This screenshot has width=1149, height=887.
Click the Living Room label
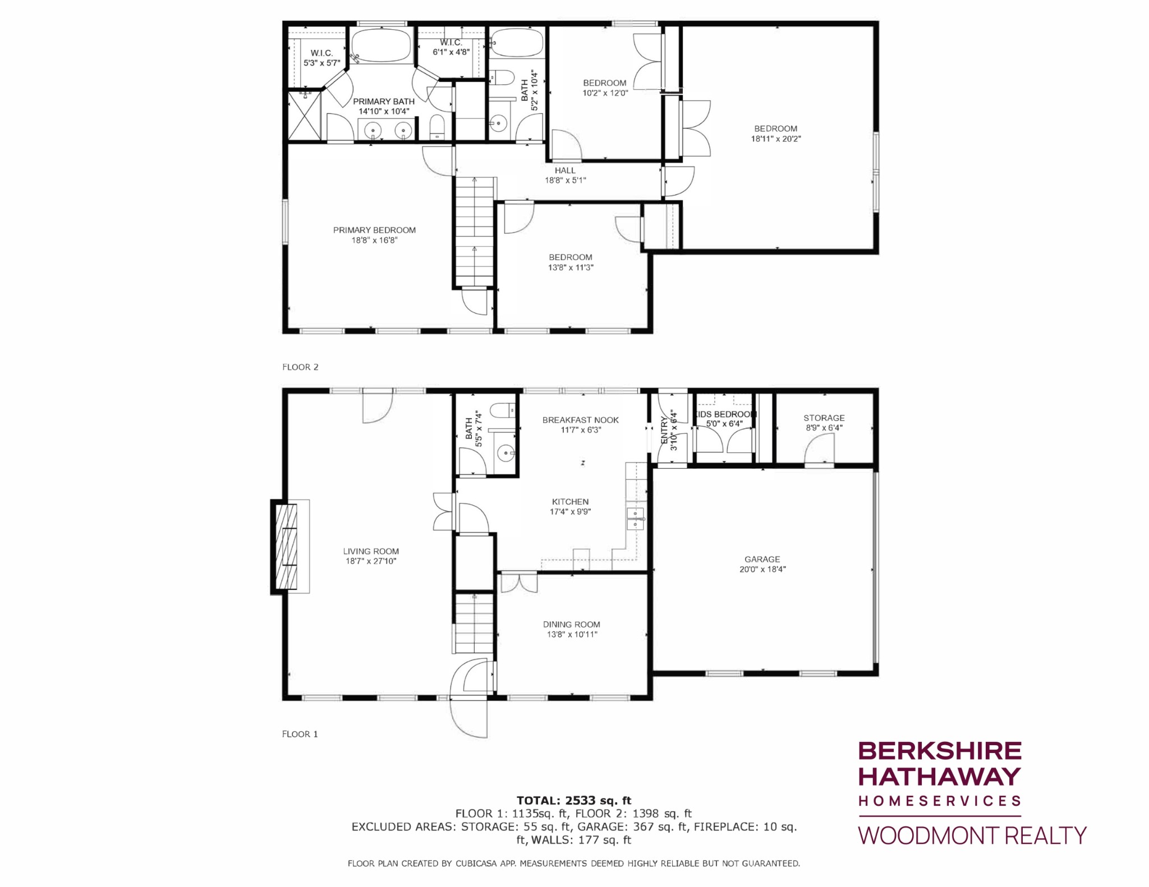[371, 551]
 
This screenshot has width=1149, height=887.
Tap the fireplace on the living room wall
[285, 546]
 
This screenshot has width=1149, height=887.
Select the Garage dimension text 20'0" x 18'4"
[762, 569]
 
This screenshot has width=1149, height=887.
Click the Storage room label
[824, 418]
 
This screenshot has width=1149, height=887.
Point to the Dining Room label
[571, 624]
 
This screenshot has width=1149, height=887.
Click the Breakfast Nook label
[581, 420]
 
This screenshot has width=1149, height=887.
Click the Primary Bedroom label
[374, 230]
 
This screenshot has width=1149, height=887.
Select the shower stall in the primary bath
[305, 116]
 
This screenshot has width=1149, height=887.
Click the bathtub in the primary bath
[381, 46]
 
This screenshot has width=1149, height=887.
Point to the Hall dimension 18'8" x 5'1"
[565, 181]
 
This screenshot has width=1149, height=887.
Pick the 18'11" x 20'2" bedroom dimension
[776, 138]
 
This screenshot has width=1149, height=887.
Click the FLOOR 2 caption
[300, 367]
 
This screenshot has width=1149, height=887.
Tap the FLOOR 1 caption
[300, 734]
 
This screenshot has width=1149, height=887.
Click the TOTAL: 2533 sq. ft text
[574, 800]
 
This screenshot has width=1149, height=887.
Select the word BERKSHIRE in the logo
[940, 751]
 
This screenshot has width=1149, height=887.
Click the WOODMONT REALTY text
[972, 835]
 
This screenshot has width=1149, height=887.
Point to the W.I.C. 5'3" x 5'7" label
[321, 58]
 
